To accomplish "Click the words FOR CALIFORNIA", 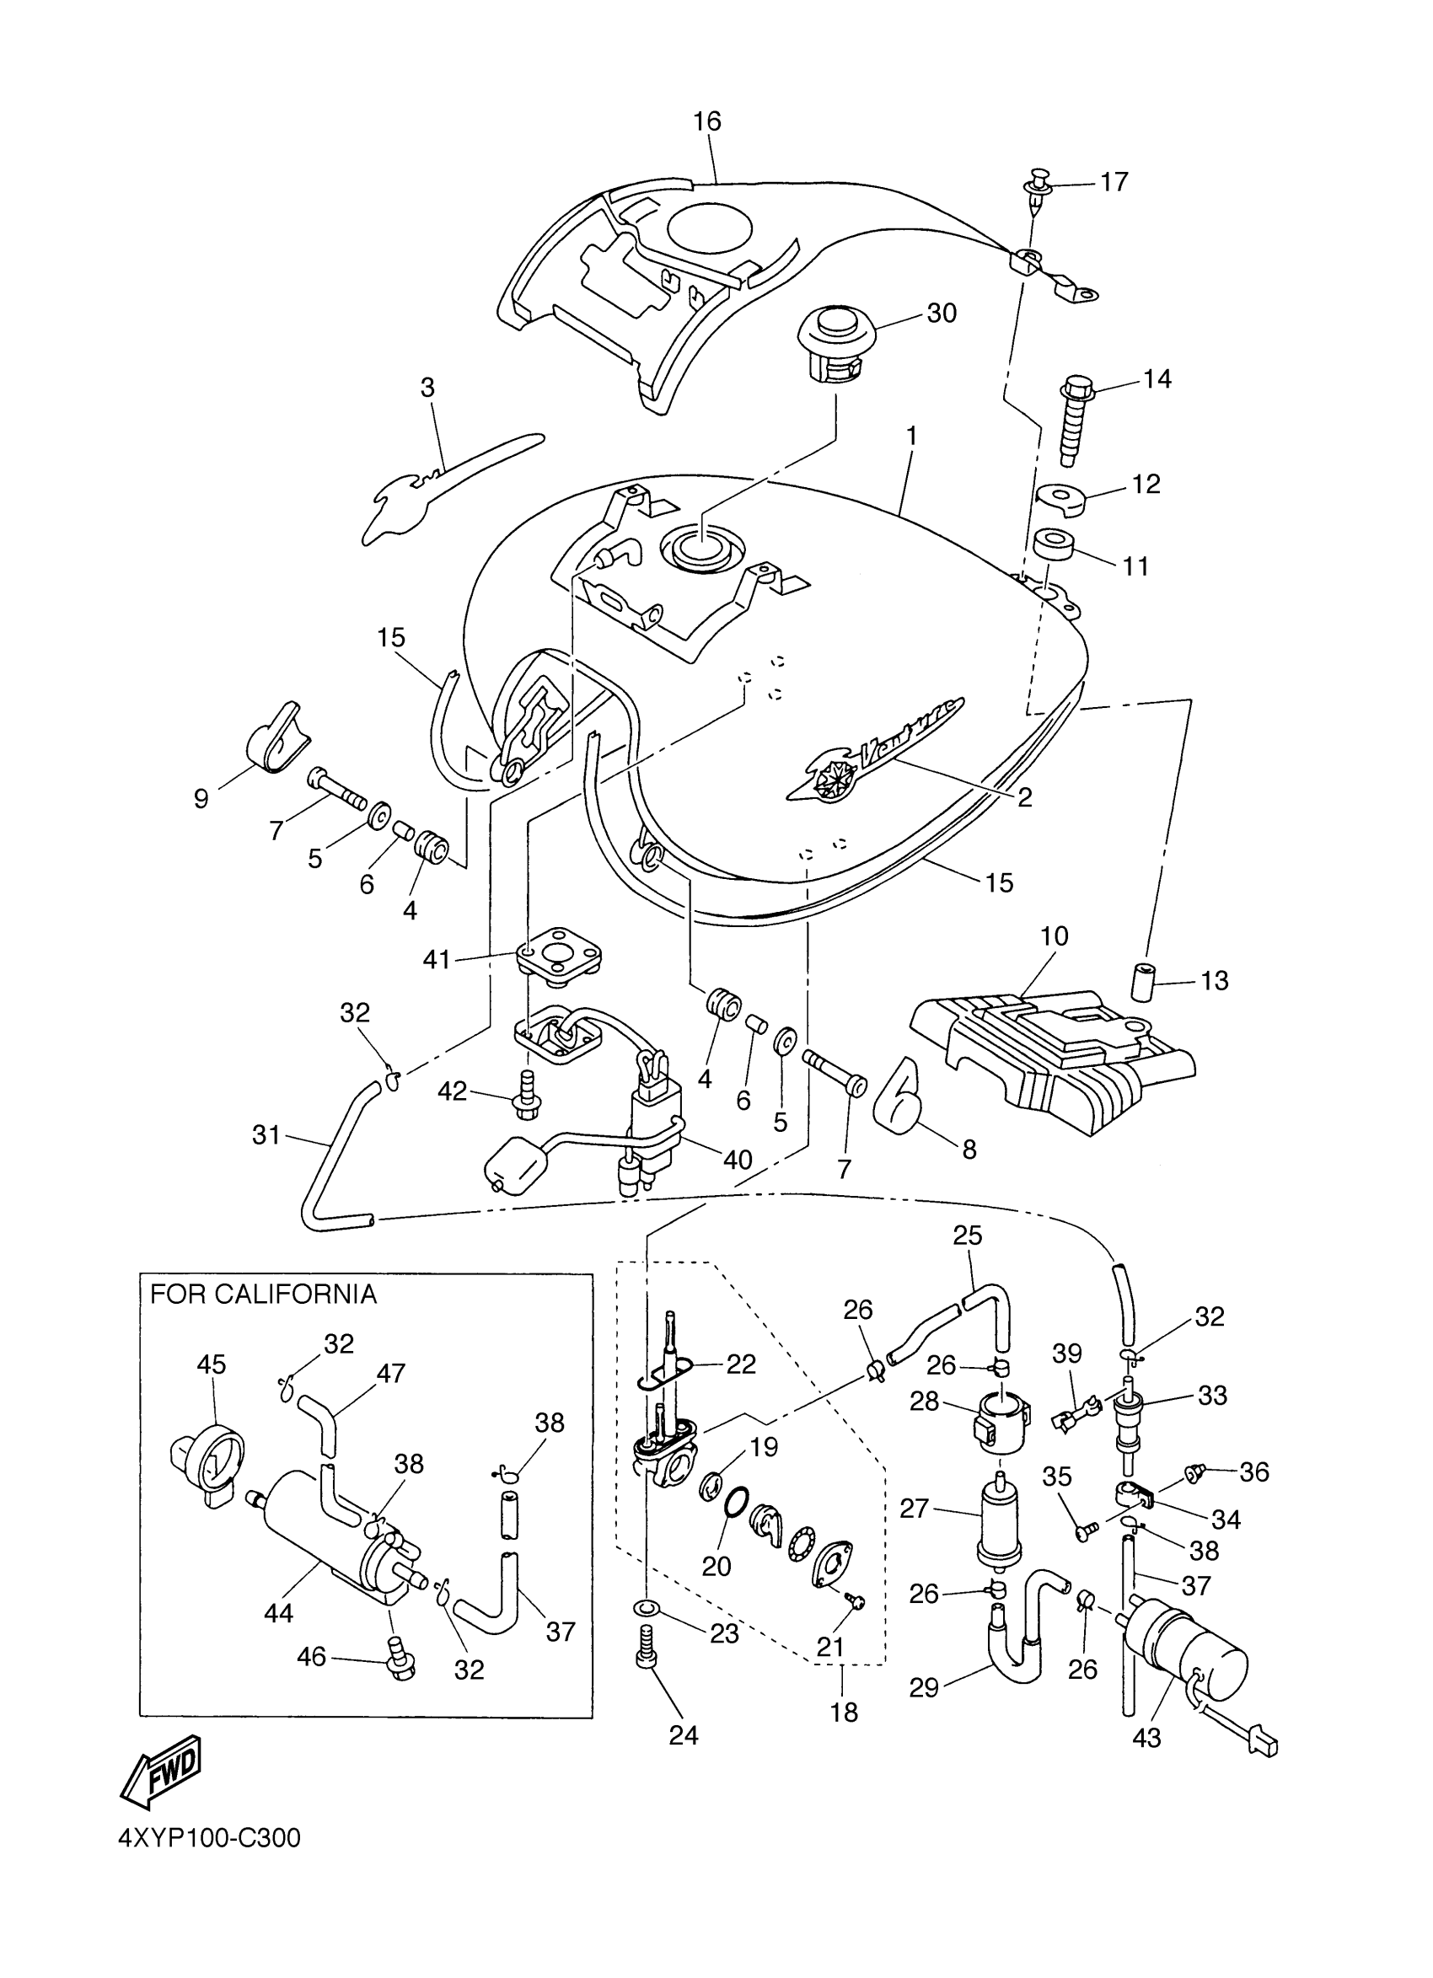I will pyautogui.click(x=262, y=1295).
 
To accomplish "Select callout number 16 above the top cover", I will pyautogui.click(x=707, y=121).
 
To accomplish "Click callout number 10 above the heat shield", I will pyautogui.click(x=1054, y=936).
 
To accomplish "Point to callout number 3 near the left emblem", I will pyautogui.click(x=427, y=389).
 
